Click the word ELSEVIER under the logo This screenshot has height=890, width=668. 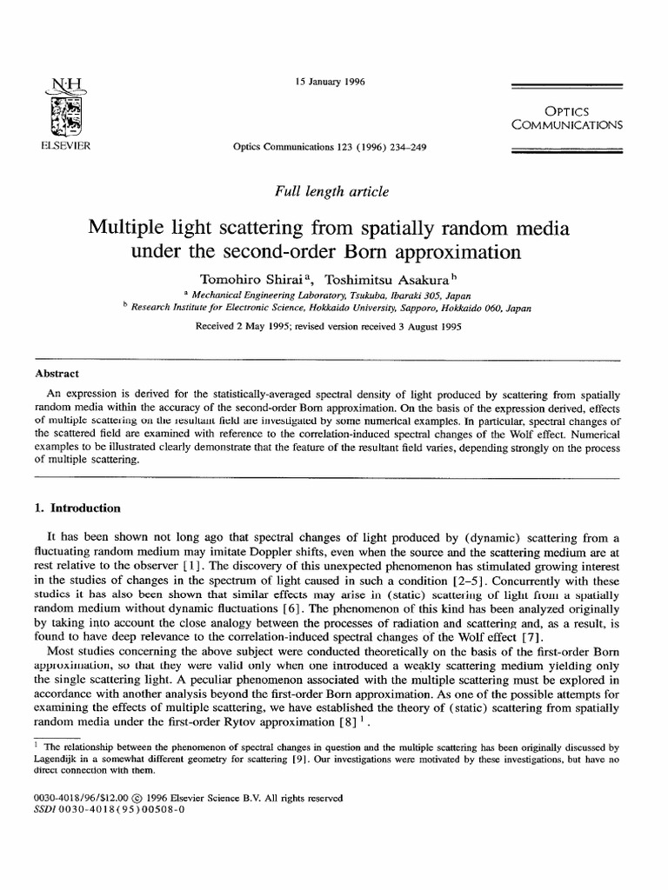pyautogui.click(x=66, y=145)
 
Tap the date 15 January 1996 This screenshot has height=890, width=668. pyautogui.click(x=330, y=83)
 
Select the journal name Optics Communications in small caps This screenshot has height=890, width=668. pyautogui.click(x=567, y=117)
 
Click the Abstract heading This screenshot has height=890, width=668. pyautogui.click(x=57, y=374)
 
